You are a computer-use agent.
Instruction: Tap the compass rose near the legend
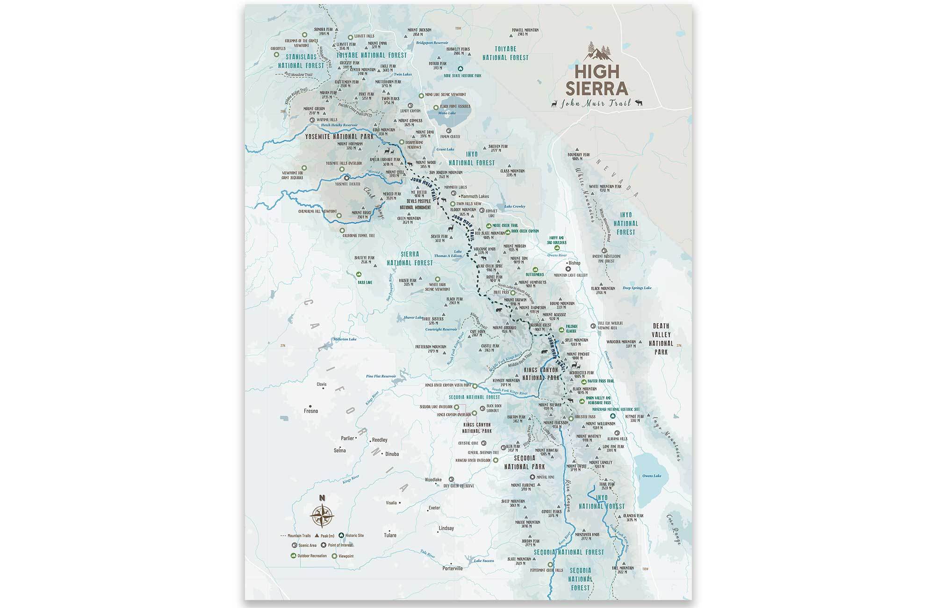pos(322,514)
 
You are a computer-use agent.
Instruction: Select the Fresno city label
pos(311,411)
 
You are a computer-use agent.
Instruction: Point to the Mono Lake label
pos(446,113)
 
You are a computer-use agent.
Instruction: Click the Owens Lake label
pos(651,476)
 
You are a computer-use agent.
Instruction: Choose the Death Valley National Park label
pos(661,339)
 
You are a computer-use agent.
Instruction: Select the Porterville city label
pos(452,569)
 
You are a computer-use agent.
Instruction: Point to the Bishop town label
pos(574,263)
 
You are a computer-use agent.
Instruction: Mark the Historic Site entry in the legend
pos(354,536)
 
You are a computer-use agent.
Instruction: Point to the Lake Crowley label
pos(515,206)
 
